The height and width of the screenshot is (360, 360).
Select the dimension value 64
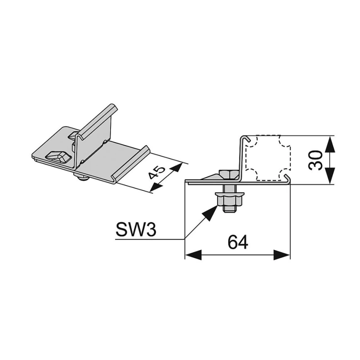pyautogui.click(x=238, y=242)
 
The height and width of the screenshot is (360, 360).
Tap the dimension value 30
pyautogui.click(x=316, y=160)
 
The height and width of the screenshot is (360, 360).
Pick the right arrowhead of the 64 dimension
pyautogui.click(x=282, y=255)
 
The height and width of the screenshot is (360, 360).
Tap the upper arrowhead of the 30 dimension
pyautogui.click(x=330, y=144)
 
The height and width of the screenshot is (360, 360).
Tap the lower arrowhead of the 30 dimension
pyautogui.click(x=330, y=176)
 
